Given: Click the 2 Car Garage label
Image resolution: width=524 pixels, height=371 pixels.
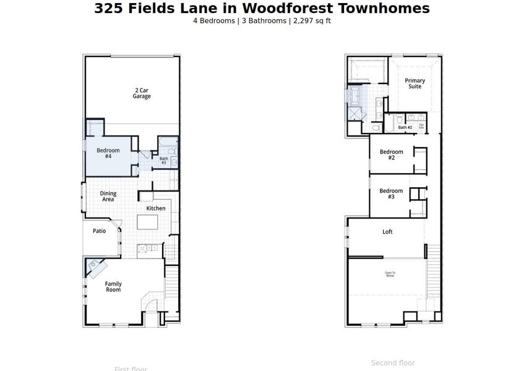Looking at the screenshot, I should pyautogui.click(x=142, y=93).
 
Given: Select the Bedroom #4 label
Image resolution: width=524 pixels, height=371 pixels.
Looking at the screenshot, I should pyautogui.click(x=108, y=153).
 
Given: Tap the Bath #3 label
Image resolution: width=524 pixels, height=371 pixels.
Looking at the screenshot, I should pyautogui.click(x=163, y=161).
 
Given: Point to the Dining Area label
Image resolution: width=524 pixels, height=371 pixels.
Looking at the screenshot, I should pyautogui.click(x=108, y=197).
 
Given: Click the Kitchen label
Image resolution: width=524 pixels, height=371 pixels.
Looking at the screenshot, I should pyautogui.click(x=156, y=208).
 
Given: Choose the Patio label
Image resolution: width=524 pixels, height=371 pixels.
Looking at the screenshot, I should pyautogui.click(x=99, y=231).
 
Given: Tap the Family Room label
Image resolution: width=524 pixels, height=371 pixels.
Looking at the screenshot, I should pyautogui.click(x=113, y=287).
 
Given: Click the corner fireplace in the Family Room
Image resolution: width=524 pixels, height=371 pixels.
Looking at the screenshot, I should pyautogui.click(x=96, y=267).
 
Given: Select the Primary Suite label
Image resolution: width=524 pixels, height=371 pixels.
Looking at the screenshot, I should pyautogui.click(x=414, y=83).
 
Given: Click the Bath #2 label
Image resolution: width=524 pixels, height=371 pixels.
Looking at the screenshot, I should pyautogui.click(x=405, y=127).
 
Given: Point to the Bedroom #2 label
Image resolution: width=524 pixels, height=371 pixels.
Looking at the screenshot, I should pyautogui.click(x=391, y=155).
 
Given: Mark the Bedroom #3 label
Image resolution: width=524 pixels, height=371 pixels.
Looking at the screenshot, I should pyautogui.click(x=391, y=194).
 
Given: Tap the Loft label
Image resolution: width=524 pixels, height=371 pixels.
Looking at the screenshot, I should pyautogui.click(x=387, y=232).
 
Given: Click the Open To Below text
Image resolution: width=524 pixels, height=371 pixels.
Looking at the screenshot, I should pyautogui.click(x=390, y=275).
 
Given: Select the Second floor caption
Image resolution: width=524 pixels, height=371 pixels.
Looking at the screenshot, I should pyautogui.click(x=393, y=363).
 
